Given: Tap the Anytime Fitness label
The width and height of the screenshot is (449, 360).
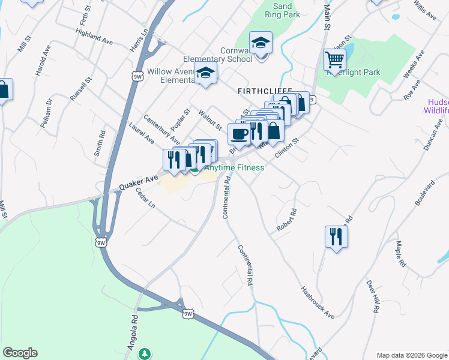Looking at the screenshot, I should [x=234, y=168].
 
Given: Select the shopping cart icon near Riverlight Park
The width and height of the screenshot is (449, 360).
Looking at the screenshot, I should [x=334, y=60].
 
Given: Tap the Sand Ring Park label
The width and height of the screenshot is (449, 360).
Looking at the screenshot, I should [x=282, y=10].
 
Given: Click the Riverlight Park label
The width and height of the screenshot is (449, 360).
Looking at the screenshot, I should [x=363, y=72].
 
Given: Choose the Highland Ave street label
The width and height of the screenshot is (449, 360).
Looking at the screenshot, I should [x=95, y=37].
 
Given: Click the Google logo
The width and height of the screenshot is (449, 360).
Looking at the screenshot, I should [x=20, y=353].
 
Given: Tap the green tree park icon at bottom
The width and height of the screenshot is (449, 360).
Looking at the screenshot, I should [x=143, y=354].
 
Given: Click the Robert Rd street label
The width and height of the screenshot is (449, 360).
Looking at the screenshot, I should [x=287, y=220].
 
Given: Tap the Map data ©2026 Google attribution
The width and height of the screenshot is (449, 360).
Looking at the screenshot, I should [x=411, y=355].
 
